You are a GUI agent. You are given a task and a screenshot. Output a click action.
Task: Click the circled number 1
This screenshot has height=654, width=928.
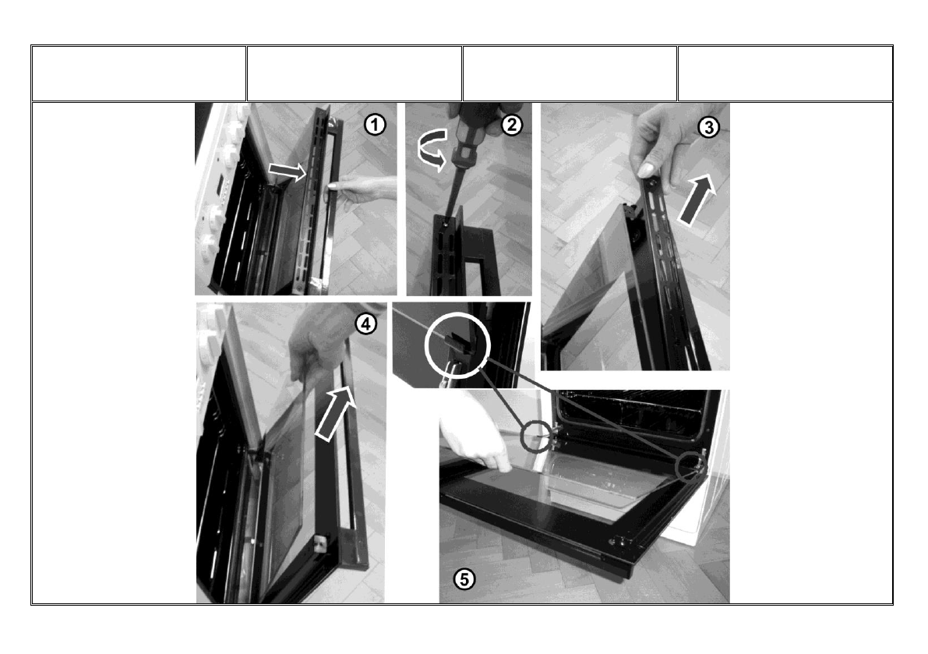point(375,125)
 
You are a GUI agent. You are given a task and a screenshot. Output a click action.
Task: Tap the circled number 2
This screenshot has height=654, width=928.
point(512,125)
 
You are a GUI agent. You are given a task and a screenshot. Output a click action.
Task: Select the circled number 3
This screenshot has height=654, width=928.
point(708,126)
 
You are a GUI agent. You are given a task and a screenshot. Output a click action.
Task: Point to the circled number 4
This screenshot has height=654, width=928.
point(365,323)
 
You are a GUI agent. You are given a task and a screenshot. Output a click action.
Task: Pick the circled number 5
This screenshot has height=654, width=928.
point(464,579)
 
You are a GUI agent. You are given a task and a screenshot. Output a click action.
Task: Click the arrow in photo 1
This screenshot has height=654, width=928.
point(287,171)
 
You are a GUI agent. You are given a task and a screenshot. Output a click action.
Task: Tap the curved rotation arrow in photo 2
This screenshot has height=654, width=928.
point(432,150)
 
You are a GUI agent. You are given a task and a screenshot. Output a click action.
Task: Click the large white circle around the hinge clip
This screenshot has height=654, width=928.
point(457,347)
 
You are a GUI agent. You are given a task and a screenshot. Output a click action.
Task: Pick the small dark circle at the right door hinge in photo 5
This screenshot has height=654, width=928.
point(690,466)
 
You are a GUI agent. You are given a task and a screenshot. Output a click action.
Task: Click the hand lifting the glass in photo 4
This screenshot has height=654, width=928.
point(316,349)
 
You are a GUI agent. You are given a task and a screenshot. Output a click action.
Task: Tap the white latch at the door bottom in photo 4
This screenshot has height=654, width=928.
point(320,543)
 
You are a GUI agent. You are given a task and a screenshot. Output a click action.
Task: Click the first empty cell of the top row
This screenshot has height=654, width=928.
point(139,73)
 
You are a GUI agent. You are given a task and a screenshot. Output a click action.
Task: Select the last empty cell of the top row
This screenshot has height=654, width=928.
point(785,73)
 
